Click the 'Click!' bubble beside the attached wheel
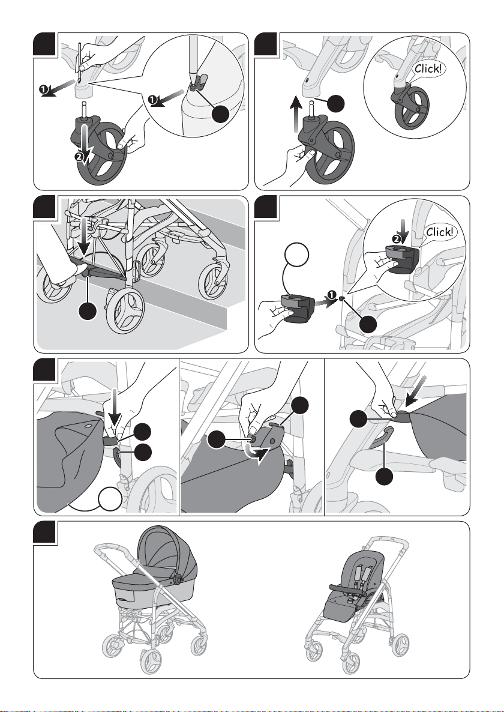(427, 69)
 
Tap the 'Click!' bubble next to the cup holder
(439, 232)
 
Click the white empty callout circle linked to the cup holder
(298, 255)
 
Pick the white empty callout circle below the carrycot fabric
(110, 499)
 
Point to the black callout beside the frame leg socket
(335, 104)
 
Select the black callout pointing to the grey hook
(385, 475)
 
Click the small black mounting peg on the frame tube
(341, 299)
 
